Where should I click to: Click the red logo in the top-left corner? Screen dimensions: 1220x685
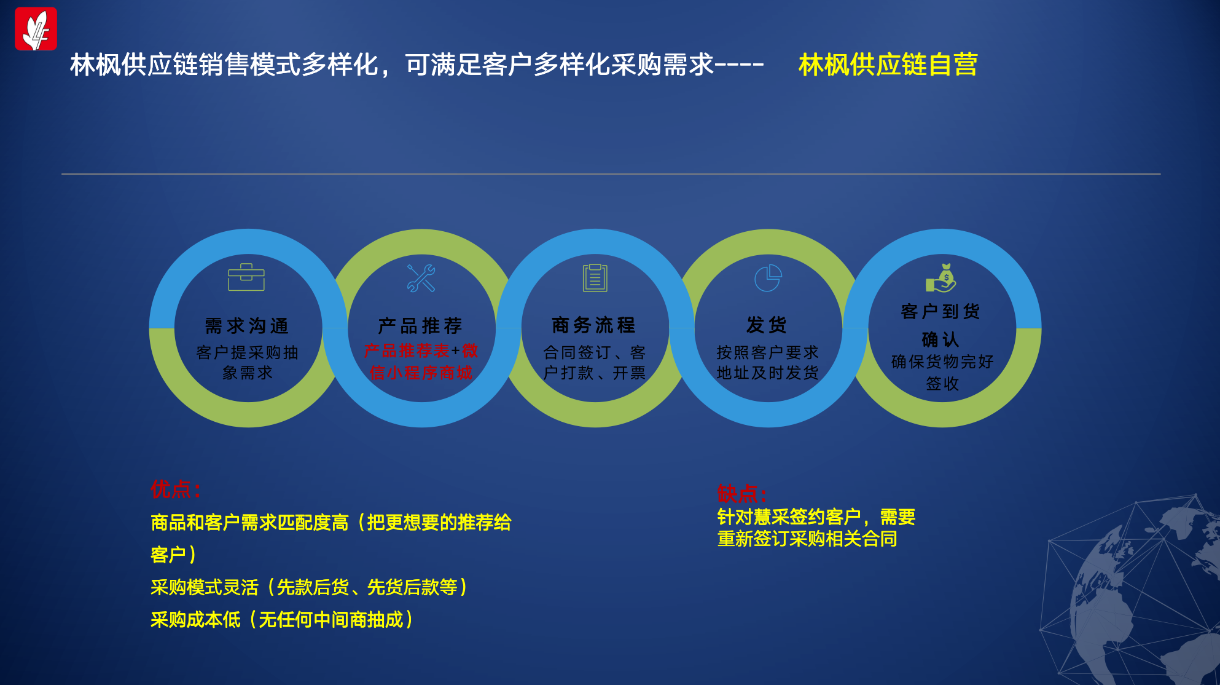36,28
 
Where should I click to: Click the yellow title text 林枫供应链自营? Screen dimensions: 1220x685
888,65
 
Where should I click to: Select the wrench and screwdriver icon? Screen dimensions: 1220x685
421,278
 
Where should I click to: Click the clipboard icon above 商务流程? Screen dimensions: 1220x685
595,277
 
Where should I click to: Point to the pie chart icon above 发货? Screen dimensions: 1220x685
768,278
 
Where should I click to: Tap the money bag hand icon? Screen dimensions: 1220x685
941,278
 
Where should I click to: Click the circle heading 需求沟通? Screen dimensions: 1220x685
247,326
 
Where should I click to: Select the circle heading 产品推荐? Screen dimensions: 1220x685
420,325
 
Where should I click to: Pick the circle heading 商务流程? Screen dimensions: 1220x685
594,325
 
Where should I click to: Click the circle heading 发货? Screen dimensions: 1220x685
767,325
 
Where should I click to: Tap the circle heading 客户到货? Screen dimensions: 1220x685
940,311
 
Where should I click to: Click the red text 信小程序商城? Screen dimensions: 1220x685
421,373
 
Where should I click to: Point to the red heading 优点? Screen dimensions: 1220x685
176,489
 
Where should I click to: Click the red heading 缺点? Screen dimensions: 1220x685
742,493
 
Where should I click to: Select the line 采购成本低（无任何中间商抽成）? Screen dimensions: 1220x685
283,619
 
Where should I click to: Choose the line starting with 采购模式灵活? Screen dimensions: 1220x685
310,587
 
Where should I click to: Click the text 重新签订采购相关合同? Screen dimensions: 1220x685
807,539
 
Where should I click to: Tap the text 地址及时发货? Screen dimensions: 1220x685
767,373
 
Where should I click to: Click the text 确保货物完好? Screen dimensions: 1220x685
942,362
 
